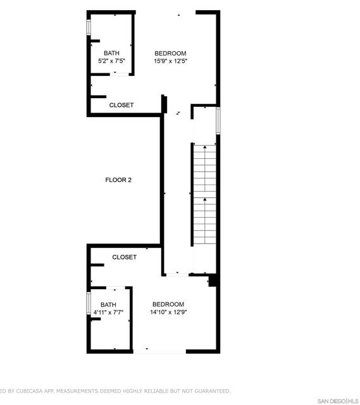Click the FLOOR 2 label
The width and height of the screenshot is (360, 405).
[x=118, y=180]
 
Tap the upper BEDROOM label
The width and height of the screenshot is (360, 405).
[x=171, y=53]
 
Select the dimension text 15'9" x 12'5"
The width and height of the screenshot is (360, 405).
[x=171, y=61]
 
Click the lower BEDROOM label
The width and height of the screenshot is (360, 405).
[x=168, y=304]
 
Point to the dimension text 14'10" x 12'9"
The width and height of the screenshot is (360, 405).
[x=168, y=312]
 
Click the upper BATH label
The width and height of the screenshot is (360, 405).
[x=111, y=53]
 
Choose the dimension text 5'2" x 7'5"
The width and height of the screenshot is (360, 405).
[x=111, y=61]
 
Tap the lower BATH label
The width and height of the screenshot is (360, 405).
[x=108, y=304]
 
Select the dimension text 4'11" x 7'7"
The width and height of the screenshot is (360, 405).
[x=108, y=313]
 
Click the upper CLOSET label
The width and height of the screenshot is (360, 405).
[x=121, y=105]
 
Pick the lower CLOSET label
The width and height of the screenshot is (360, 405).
[x=125, y=257]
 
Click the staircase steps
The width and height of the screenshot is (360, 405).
[x=204, y=196]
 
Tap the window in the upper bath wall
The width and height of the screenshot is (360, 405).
[x=89, y=28]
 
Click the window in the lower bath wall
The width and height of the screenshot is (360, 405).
[x=89, y=302]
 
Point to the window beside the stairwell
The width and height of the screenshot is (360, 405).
[x=218, y=120]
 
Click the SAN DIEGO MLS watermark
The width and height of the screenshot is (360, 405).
[x=337, y=401]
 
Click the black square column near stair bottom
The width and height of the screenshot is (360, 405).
[x=213, y=279]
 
